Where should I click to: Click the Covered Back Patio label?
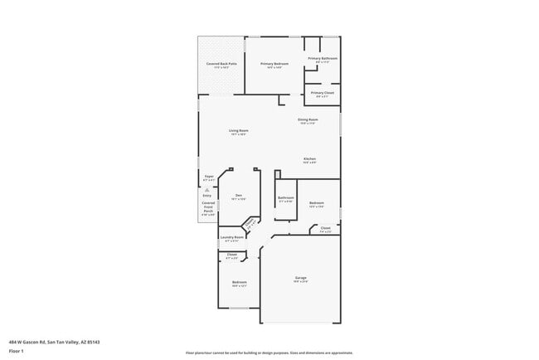pyautogui.click(x=220, y=64)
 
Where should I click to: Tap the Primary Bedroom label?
pyautogui.click(x=274, y=64)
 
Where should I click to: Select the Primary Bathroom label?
pyautogui.click(x=323, y=59)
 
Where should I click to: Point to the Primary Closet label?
pyautogui.click(x=323, y=93)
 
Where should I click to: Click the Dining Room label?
pyautogui.click(x=308, y=121)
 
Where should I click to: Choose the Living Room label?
pyautogui.click(x=239, y=131)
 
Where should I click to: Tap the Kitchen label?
pyautogui.click(x=309, y=159)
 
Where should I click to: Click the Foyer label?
pyautogui.click(x=210, y=177)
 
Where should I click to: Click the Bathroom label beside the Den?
pyautogui.click(x=286, y=198)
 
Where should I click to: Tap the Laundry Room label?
pyautogui.click(x=232, y=238)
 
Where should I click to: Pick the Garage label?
pyautogui.click(x=301, y=278)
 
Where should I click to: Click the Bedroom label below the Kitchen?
pyautogui.click(x=317, y=203)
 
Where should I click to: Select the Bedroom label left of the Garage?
pyautogui.click(x=239, y=283)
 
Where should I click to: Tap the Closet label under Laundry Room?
pyautogui.click(x=232, y=255)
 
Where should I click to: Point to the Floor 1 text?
pyautogui.click(x=17, y=351)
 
